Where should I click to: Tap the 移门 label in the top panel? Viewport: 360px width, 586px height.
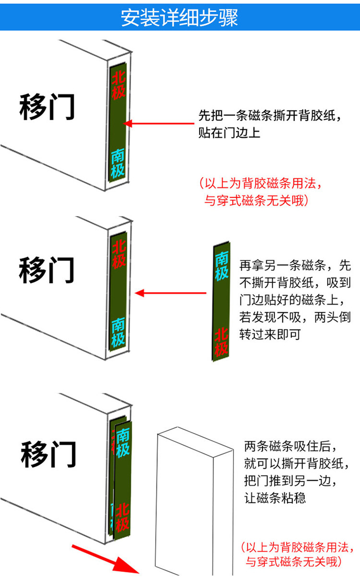click(47, 107)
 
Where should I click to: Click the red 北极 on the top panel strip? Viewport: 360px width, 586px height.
click(119, 85)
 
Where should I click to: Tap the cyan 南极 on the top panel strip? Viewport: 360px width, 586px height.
click(118, 163)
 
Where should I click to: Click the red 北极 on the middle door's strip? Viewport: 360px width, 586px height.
click(119, 253)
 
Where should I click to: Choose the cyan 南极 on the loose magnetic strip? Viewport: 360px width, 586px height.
click(221, 266)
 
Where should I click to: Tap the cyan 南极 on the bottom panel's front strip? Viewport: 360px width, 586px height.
click(122, 442)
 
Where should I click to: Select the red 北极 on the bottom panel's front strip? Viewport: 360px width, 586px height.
click(122, 516)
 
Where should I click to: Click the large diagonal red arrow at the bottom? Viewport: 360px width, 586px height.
click(105, 557)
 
